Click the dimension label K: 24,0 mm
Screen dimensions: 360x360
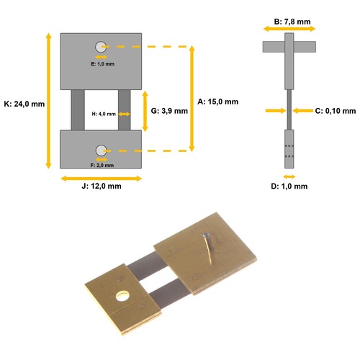point(24,104)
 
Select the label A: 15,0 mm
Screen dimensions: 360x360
point(218,102)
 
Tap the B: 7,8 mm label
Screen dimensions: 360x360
point(292,22)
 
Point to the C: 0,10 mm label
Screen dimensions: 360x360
point(336,111)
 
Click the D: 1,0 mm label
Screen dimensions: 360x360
point(289,186)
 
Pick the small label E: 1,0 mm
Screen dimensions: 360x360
point(103,64)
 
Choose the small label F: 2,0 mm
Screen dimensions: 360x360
point(102,166)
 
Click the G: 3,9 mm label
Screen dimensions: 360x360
point(169,111)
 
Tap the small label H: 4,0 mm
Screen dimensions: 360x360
point(104,114)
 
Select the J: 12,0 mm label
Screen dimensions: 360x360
point(102,186)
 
